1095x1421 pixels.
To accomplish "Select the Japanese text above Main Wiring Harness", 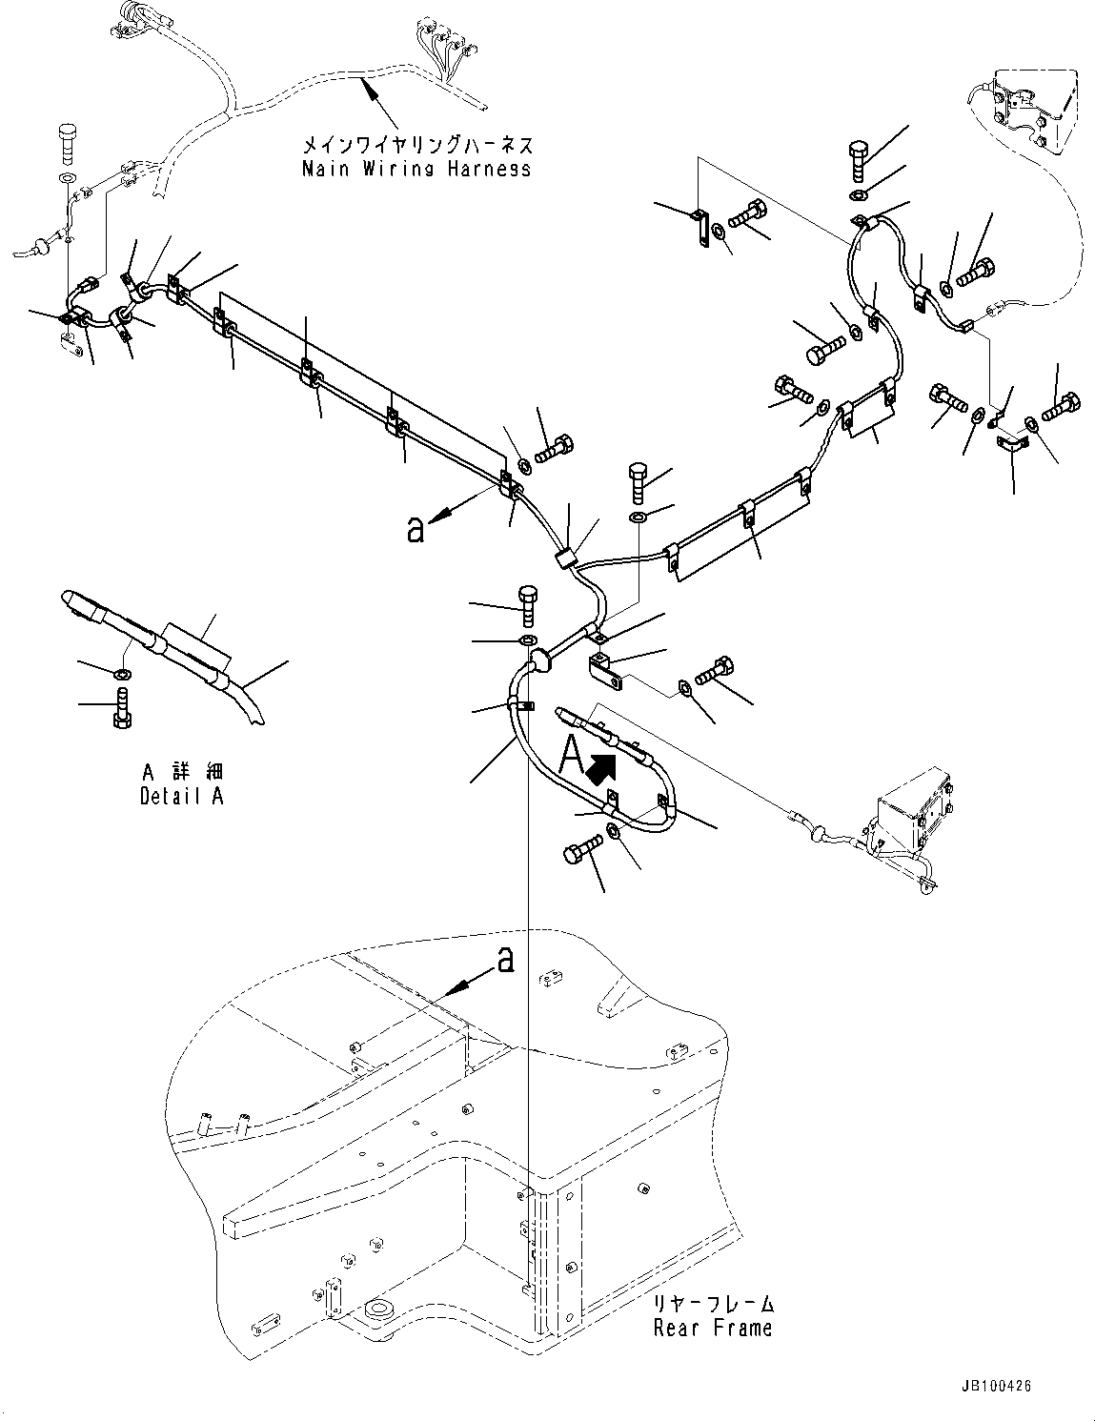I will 416,146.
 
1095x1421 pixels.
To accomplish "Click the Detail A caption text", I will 181,796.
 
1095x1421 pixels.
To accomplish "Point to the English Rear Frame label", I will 713,1328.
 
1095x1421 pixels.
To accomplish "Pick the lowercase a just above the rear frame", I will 506,960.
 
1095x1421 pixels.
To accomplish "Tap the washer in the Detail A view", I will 121,675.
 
